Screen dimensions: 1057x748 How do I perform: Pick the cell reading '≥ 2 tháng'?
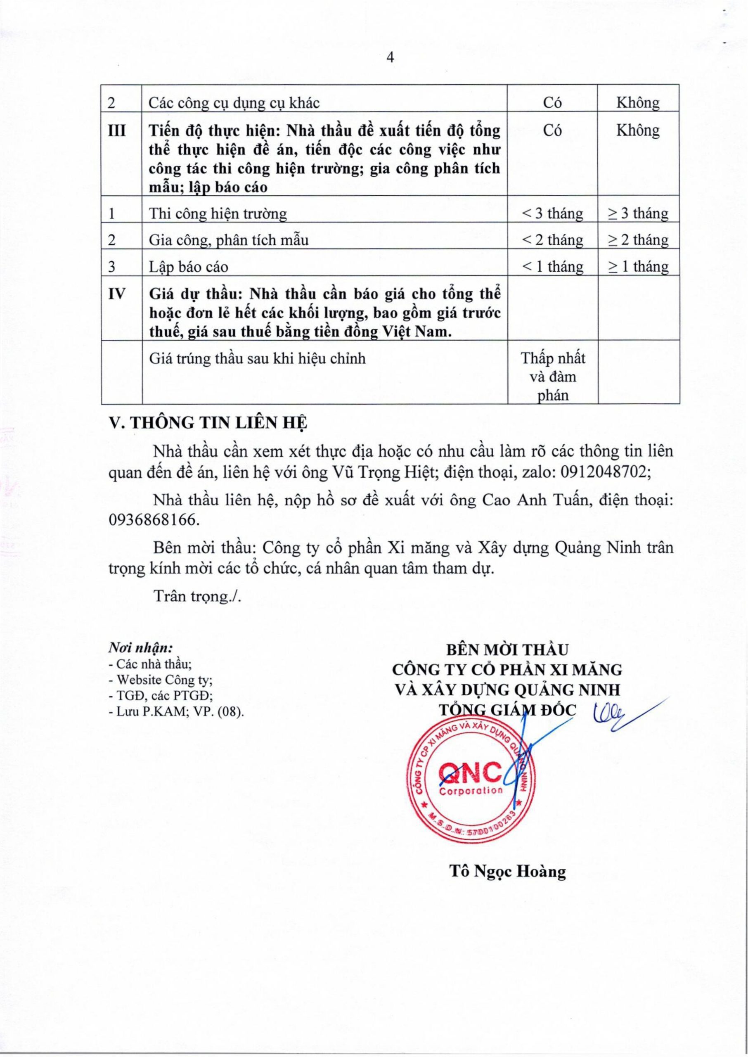click(638, 240)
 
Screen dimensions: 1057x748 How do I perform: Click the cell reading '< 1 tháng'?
click(552, 267)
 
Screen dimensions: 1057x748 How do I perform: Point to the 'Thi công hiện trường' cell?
click(218, 214)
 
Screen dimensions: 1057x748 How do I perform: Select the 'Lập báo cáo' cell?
click(188, 267)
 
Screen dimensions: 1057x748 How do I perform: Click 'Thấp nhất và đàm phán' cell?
click(553, 376)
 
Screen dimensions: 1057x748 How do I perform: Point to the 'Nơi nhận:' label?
click(140, 648)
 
